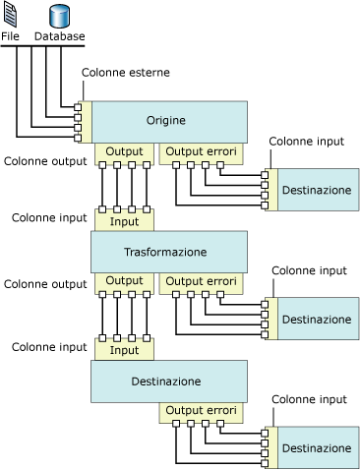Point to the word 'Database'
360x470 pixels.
click(59, 37)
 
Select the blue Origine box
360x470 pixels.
click(167, 121)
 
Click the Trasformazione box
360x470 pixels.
click(167, 253)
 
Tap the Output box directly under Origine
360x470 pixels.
click(125, 152)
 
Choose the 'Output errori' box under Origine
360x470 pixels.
click(199, 152)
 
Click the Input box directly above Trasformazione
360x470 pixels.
click(125, 221)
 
